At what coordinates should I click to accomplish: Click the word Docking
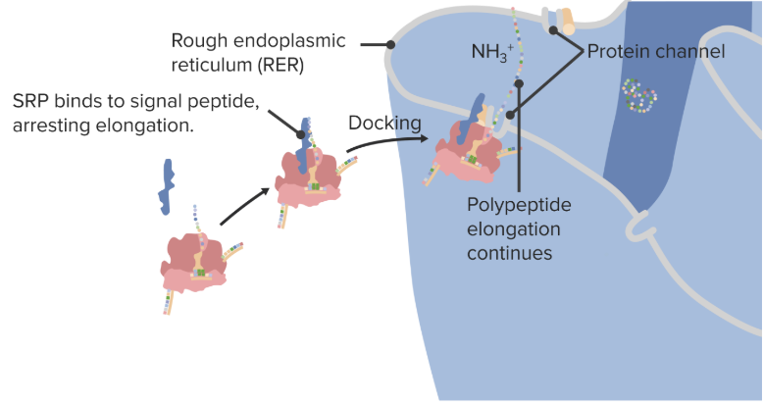coord(384,124)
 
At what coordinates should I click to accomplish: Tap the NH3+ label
coord(492,52)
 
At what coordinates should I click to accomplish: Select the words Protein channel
coord(656,51)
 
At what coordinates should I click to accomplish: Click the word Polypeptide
coord(519,205)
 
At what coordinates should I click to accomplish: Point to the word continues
coord(509,253)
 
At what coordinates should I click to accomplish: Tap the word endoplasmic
coord(289,41)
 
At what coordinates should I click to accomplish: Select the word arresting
coord(51,126)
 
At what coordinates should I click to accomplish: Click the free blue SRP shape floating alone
coord(167,186)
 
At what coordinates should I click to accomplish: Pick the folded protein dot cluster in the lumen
coord(639,95)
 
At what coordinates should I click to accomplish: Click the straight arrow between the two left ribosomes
coord(245,206)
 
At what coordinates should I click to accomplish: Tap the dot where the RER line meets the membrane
coord(390,45)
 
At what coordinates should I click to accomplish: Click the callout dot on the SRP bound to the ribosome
coord(301,134)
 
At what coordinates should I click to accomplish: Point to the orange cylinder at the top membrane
coord(567,22)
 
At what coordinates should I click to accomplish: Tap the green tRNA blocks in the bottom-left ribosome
coord(201,273)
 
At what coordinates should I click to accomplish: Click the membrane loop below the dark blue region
coord(636,226)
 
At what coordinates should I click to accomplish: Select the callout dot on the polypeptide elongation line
coord(519,83)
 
